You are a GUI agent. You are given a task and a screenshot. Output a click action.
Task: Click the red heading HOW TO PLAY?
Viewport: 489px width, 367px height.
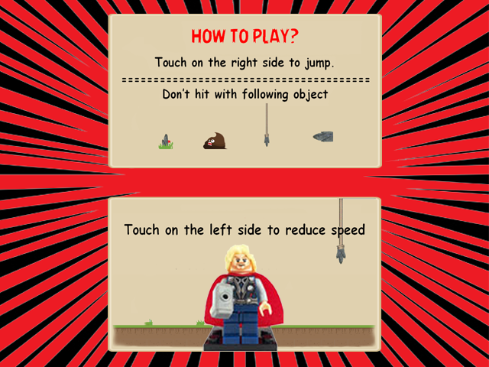(244, 36)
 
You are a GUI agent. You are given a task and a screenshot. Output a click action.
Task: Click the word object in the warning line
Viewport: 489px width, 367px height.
(311, 95)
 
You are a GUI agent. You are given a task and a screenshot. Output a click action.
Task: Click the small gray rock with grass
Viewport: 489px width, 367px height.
(166, 141)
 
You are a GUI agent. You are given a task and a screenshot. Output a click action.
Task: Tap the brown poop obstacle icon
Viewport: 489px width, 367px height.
(215, 141)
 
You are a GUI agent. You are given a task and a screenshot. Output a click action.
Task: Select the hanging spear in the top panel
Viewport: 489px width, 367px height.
(267, 125)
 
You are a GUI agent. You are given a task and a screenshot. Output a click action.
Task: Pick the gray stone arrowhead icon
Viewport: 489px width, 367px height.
(323, 137)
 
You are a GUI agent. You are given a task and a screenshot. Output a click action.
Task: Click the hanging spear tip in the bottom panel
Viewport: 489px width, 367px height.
(341, 255)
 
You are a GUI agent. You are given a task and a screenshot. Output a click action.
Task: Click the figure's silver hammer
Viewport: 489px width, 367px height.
(222, 301)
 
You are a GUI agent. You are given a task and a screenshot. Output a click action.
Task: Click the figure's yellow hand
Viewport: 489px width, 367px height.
(266, 308)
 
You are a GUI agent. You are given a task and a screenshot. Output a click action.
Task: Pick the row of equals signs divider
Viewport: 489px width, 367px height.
(246, 80)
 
